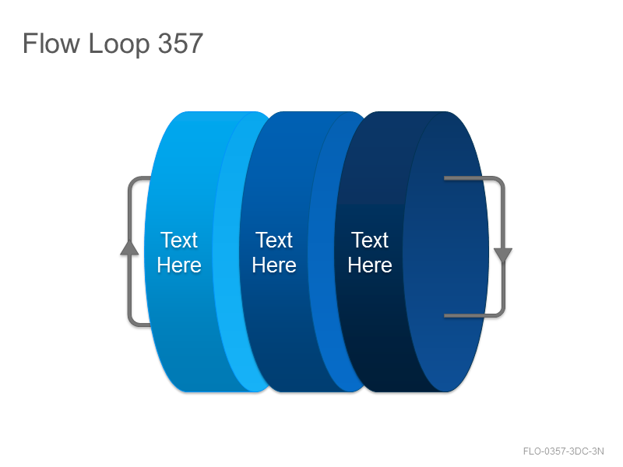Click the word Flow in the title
[51, 43]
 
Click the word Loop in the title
[119, 44]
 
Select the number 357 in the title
[181, 43]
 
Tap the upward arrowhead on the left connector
[129, 248]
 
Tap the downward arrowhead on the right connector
[503, 255]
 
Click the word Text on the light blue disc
[179, 240]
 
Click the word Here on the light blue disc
[179, 265]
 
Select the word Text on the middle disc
[274, 240]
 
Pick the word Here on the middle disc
[274, 265]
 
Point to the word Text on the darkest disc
[370, 240]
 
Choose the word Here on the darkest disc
[370, 265]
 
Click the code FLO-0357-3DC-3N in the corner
[563, 451]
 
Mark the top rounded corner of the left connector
[132, 181]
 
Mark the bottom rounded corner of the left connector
[132, 322]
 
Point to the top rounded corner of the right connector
[501, 181]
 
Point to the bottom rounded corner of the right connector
[501, 313]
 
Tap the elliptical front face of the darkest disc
[445, 251]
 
